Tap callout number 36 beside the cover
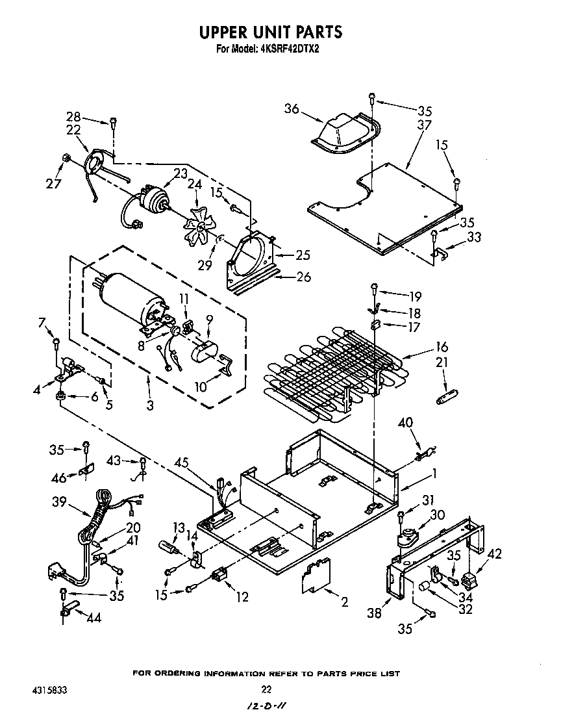coord(292,109)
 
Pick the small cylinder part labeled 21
coord(446,395)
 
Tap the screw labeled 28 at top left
coord(114,121)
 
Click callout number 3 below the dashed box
coord(149,405)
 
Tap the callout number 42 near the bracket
coord(494,553)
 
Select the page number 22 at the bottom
coord(266,689)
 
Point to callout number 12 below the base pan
coord(242,596)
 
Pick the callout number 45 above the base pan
coord(183,463)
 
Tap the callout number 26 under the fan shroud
coord(303,277)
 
